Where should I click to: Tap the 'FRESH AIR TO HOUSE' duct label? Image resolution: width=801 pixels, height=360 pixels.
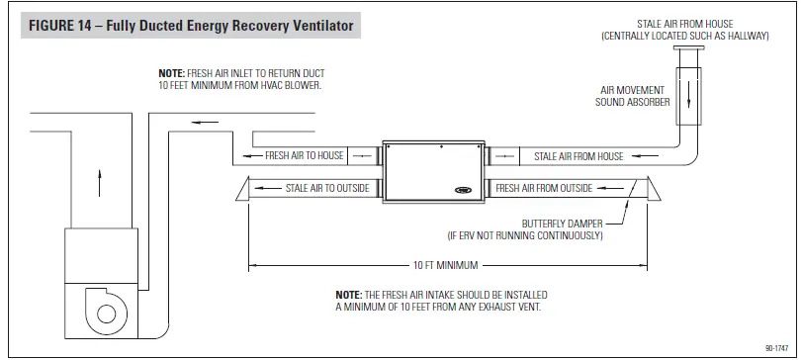[305, 156]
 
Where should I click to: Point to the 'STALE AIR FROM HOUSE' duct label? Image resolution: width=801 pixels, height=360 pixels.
[578, 156]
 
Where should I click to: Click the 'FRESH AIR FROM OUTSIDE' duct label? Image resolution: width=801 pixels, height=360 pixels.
[544, 187]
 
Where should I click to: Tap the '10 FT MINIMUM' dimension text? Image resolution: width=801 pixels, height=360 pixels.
[446, 266]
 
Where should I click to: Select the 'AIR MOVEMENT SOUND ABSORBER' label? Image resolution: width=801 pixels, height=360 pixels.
[634, 95]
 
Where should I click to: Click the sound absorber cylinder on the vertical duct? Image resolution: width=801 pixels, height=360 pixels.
[688, 97]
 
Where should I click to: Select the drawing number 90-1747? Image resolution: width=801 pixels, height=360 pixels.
[776, 347]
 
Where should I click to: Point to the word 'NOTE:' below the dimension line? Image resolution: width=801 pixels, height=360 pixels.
[349, 295]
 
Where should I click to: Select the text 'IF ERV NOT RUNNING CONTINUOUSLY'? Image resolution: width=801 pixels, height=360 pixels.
[534, 236]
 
